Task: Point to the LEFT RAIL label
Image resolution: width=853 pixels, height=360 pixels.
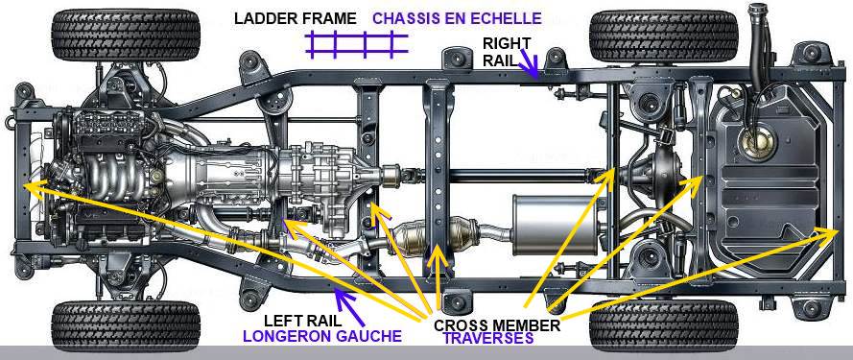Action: click(302, 322)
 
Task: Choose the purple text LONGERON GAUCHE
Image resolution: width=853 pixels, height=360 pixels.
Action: click(320, 337)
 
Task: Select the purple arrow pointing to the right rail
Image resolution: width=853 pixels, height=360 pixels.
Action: click(531, 63)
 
